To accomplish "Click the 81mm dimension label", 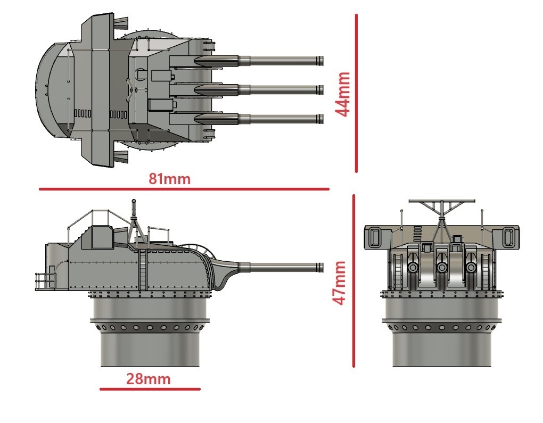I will click(169, 179).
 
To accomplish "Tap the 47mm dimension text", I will click(339, 283).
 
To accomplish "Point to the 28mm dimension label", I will click(148, 379).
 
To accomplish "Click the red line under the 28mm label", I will click(150, 389).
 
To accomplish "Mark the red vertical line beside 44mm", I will click(356, 94).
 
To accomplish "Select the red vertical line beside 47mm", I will click(353, 280).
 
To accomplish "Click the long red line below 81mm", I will click(184, 188).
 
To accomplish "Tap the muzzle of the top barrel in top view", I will click(320, 60).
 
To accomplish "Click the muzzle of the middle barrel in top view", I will click(320, 88).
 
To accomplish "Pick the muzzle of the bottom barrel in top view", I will click(320, 118).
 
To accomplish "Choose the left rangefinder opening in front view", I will click(374, 236).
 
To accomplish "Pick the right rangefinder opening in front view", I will click(508, 236).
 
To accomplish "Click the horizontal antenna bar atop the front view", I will click(441, 201).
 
